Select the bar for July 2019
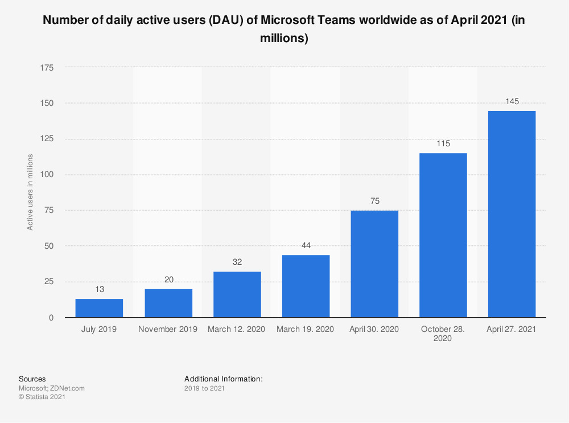99,308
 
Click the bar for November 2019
168,303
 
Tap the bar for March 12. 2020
237,294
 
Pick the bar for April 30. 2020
374,264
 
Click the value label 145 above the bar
512,101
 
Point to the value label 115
443,144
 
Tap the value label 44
306,245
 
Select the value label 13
99,290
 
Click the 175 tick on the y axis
47,68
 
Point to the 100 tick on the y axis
47,175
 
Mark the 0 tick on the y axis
51,317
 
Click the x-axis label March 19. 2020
306,329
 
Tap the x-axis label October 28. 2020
443,334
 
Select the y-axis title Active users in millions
30,192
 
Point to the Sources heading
32,379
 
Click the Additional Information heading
223,379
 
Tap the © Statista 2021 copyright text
42,397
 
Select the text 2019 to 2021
204,388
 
